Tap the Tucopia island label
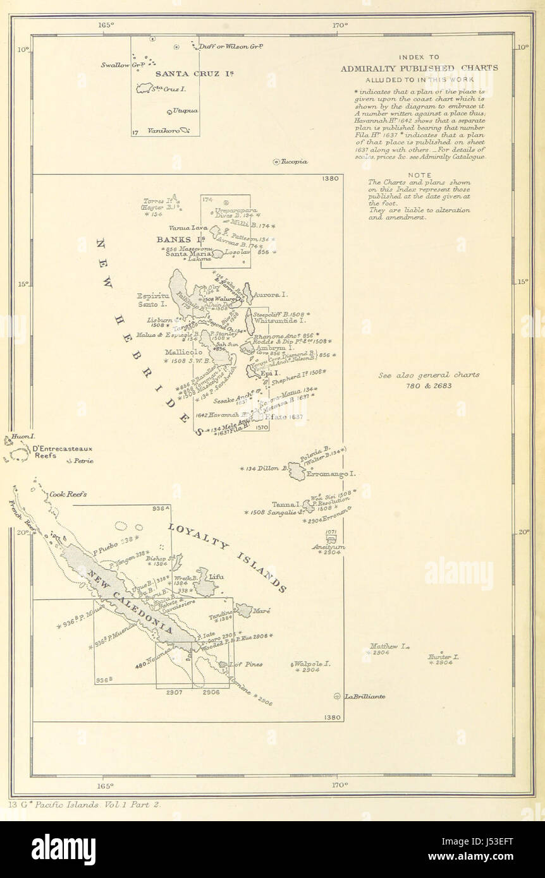[x=295, y=162]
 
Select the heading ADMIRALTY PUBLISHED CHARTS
[x=419, y=68]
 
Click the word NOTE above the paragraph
[x=420, y=175]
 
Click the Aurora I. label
[x=271, y=294]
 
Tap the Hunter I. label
[x=443, y=658]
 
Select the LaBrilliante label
[x=365, y=697]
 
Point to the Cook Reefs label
[x=68, y=495]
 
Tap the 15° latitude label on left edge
[x=23, y=284]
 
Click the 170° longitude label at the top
[x=340, y=25]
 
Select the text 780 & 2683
[x=429, y=385]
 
